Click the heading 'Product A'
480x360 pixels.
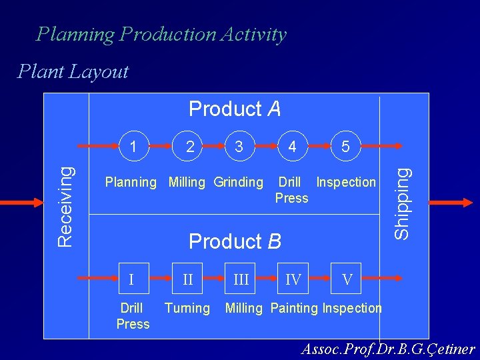[235, 108]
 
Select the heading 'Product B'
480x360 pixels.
[235, 241]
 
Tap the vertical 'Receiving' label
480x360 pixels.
[65, 198]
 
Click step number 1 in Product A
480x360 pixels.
[135, 145]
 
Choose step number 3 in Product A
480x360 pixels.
[239, 145]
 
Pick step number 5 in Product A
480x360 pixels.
[345, 146]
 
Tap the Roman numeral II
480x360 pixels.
[188, 279]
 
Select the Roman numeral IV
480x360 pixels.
[293, 279]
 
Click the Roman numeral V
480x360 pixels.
[347, 279]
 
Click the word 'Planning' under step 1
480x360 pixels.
[131, 182]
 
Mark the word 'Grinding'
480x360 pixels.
[238, 182]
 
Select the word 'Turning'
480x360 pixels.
[187, 308]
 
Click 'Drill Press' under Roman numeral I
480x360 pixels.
[133, 315]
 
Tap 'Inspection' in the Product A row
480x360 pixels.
[346, 182]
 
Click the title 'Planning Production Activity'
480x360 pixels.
[161, 34]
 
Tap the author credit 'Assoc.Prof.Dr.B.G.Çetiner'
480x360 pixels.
[388, 349]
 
